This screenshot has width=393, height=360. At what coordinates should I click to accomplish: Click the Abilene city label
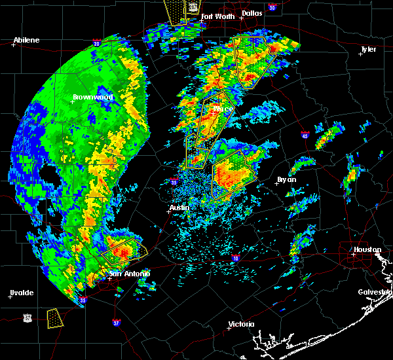click(x=27, y=40)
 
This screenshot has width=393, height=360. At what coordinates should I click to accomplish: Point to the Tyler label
click(x=368, y=49)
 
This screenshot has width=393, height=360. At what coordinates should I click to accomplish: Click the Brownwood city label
click(x=93, y=97)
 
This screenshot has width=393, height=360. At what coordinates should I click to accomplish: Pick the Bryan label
click(x=286, y=179)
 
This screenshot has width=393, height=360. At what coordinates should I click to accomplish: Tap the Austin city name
click(x=179, y=207)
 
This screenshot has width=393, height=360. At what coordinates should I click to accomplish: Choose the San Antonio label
click(x=130, y=274)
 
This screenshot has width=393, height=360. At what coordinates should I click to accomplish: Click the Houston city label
click(x=367, y=249)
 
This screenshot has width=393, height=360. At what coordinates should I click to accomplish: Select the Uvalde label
click(x=21, y=293)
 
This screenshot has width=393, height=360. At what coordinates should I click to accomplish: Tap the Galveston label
click(x=374, y=292)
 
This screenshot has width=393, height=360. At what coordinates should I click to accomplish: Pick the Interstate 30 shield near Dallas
click(x=271, y=7)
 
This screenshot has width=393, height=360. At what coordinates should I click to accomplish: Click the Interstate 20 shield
click(x=97, y=44)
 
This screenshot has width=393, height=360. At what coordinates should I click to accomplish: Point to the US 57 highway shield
click(x=27, y=317)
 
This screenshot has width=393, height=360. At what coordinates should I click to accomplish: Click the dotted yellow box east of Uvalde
click(x=56, y=319)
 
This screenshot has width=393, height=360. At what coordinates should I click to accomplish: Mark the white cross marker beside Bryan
click(x=276, y=184)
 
